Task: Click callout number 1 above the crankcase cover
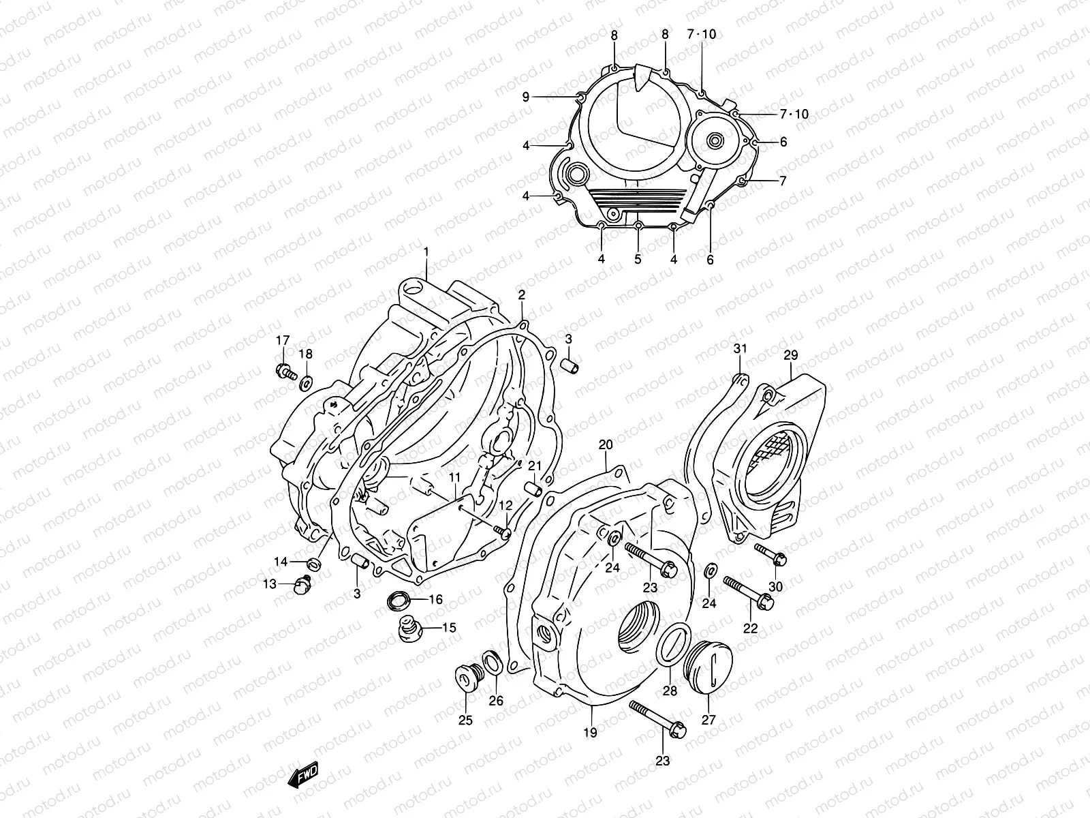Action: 426,252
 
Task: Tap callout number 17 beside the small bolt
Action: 283,340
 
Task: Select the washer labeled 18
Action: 306,380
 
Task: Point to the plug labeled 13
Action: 302,584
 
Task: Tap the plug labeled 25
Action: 467,678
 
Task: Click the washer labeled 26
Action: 493,661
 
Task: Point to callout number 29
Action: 790,355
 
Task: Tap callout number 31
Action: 741,348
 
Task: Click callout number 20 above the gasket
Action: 606,445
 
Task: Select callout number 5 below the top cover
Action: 638,260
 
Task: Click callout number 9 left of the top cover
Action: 526,97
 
